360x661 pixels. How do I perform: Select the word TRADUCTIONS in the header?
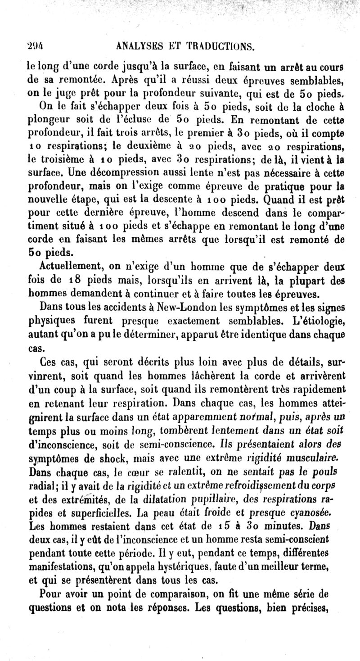click(217, 45)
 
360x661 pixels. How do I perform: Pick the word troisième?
click(49, 158)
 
